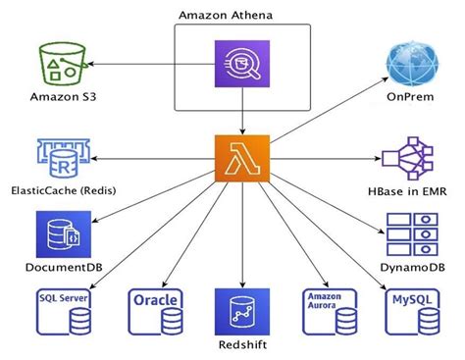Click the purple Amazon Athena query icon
[241, 66]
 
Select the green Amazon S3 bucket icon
[62, 64]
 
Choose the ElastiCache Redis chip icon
[61, 156]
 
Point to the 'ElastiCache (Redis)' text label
[62, 192]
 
